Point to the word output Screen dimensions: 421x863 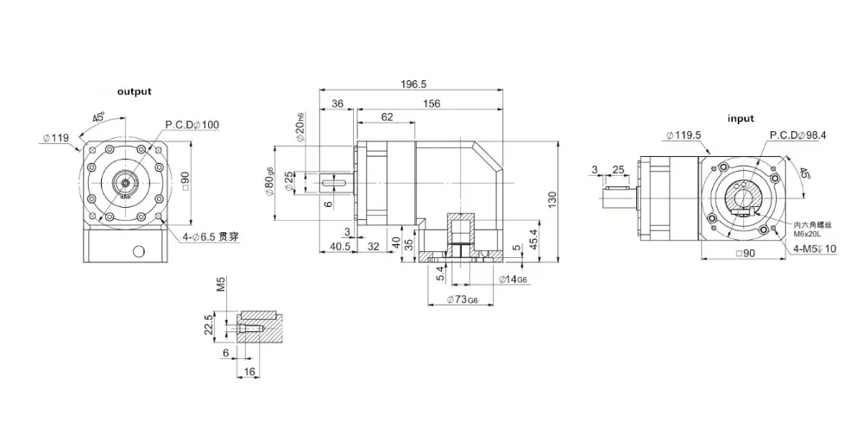click(x=134, y=91)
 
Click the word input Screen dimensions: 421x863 click(x=740, y=118)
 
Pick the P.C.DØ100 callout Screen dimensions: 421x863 click(x=192, y=125)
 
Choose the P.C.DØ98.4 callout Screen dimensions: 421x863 click(x=797, y=135)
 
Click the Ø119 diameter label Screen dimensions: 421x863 click(x=55, y=136)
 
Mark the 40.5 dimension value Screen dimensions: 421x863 click(x=339, y=247)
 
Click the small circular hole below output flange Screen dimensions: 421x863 click(x=137, y=252)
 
